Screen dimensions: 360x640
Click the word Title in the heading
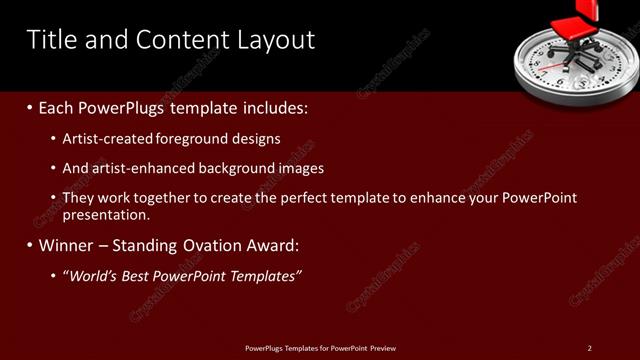pyautogui.click(x=49, y=40)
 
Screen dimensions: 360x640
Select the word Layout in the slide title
pyautogui.click(x=273, y=40)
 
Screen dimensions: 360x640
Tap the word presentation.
pyautogui.click(x=106, y=214)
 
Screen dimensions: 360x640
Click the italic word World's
pyautogui.click(x=94, y=276)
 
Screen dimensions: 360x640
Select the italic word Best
pyautogui.click(x=143, y=276)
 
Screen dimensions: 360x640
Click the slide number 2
pyautogui.click(x=589, y=347)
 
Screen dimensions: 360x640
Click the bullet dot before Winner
pyautogui.click(x=30, y=246)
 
